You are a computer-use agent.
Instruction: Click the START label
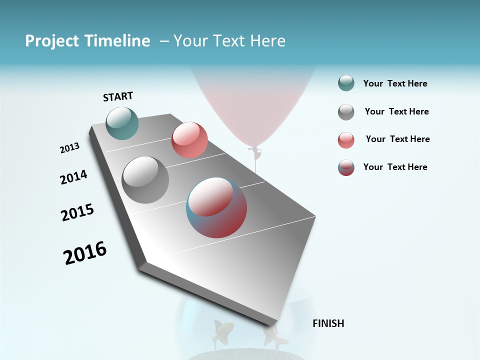pyautogui.click(x=118, y=96)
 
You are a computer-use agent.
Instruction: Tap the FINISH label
pyautogui.click(x=328, y=323)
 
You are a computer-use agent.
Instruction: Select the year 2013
pyautogui.click(x=69, y=148)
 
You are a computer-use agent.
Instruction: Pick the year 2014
pyautogui.click(x=73, y=177)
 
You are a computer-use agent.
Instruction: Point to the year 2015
pyautogui.click(x=77, y=212)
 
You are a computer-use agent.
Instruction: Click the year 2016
pyautogui.click(x=85, y=253)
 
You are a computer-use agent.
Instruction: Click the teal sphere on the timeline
pyautogui.click(x=122, y=123)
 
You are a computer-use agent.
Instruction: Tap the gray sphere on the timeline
pyautogui.click(x=145, y=180)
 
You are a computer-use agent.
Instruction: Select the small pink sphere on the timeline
pyautogui.click(x=189, y=140)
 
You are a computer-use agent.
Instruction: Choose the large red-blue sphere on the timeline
pyautogui.click(x=216, y=207)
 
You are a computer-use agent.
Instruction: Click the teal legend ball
pyautogui.click(x=346, y=83)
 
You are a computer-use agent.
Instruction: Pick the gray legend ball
pyautogui.click(x=346, y=112)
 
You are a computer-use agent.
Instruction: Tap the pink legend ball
pyautogui.click(x=346, y=140)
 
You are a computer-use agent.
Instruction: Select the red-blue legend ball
pyautogui.click(x=346, y=167)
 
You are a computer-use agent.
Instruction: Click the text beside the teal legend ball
pyautogui.click(x=395, y=84)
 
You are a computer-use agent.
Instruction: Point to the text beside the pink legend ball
pyautogui.click(x=397, y=139)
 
